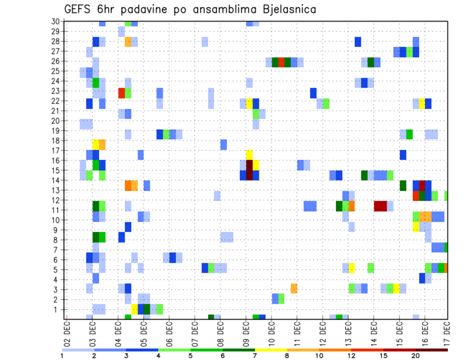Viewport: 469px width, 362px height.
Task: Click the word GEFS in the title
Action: [x=80, y=9]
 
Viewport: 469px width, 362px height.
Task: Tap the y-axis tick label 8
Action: [x=57, y=240]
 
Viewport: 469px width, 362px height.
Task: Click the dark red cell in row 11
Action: [x=381, y=206]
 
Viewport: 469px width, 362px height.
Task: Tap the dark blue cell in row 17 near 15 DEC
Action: [x=403, y=155]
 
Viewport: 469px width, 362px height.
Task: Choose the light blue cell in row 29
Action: [x=121, y=32]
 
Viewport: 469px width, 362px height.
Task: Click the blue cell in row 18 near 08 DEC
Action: [x=223, y=144]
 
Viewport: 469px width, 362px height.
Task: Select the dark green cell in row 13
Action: [x=403, y=185]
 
